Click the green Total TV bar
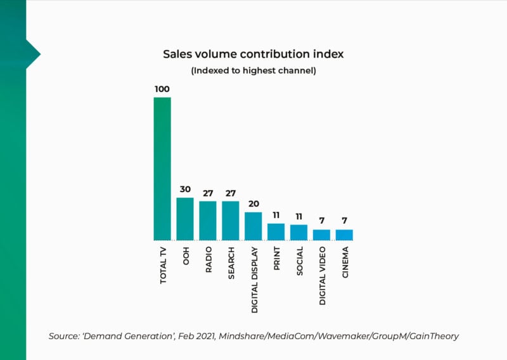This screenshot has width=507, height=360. (162, 169)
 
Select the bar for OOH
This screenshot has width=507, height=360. (185, 219)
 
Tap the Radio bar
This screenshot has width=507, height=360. (208, 221)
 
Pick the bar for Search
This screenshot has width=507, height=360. (231, 221)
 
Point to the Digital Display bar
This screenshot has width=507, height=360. (253, 226)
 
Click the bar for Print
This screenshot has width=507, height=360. (276, 232)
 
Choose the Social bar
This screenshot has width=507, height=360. (299, 233)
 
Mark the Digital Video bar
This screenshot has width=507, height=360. (322, 235)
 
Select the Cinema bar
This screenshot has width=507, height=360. (344, 235)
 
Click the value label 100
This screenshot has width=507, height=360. (162, 89)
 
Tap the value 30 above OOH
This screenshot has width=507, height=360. (185, 190)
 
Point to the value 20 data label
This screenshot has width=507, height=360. (253, 204)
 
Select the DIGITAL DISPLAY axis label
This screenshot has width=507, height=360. (254, 280)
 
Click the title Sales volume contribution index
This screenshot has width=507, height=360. (253, 55)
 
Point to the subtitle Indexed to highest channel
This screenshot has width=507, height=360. (253, 71)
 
